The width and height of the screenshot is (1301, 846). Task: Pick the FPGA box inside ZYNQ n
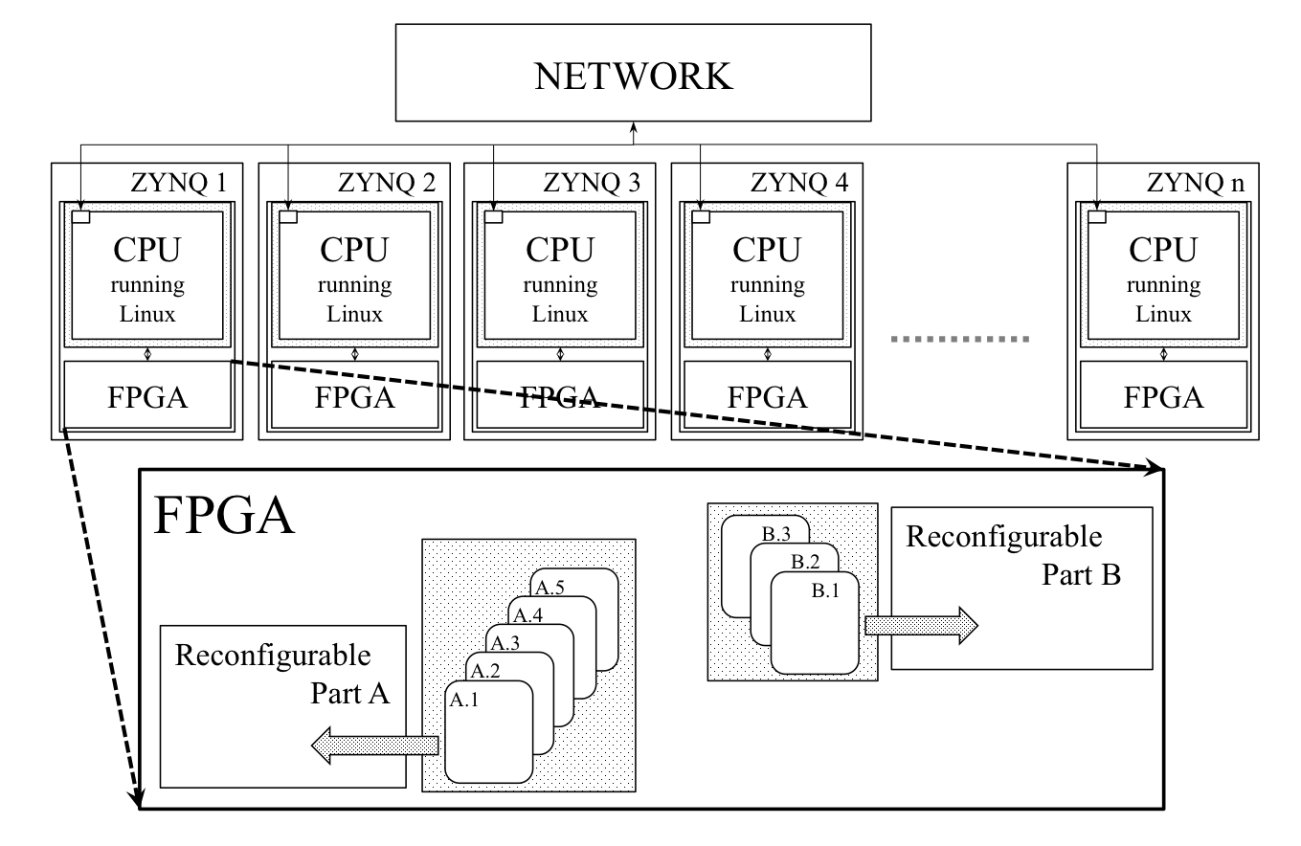tap(1162, 395)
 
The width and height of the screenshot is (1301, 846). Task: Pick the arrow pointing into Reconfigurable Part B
tap(920, 625)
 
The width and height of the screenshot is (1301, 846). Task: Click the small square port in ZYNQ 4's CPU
tap(702, 217)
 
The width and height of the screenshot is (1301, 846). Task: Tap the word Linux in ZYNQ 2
tap(354, 315)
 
